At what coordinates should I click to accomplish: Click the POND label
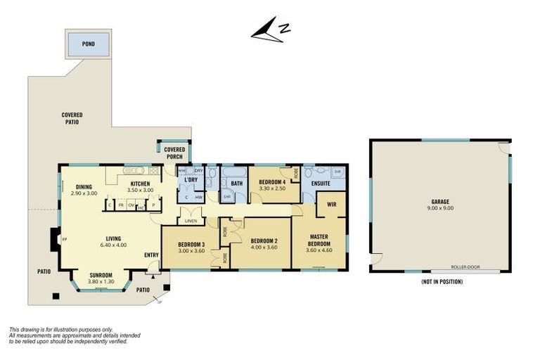point(88,44)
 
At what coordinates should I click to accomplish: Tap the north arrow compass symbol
point(271,32)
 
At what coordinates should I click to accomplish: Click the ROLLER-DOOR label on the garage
point(465,268)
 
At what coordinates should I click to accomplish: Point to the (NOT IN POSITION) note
point(442,282)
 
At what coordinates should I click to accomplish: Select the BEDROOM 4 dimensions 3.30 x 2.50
point(272,188)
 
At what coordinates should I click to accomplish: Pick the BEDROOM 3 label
point(191,244)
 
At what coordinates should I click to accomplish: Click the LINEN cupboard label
point(191,221)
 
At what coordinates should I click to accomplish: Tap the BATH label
point(237,184)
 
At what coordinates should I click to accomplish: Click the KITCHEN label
point(140,184)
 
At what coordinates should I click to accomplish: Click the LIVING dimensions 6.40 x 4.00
point(111,245)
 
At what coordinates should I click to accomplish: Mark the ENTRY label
point(151,255)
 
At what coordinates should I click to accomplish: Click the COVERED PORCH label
point(174,153)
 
